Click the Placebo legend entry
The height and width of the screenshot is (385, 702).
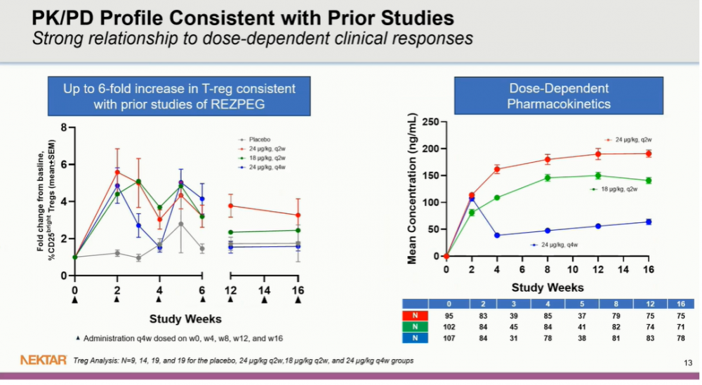[259, 140]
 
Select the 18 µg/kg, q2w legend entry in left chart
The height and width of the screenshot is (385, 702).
[263, 158]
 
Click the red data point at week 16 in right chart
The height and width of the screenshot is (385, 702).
[649, 154]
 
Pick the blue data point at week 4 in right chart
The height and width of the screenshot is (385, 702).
[497, 235]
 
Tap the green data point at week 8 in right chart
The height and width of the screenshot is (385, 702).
[548, 177]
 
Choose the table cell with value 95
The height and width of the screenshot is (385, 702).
[451, 315]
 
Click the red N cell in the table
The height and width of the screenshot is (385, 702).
[416, 315]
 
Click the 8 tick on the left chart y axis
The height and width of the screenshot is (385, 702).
[64, 128]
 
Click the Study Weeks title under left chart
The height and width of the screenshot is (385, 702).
[185, 319]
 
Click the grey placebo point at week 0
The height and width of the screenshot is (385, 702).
[74, 257]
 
